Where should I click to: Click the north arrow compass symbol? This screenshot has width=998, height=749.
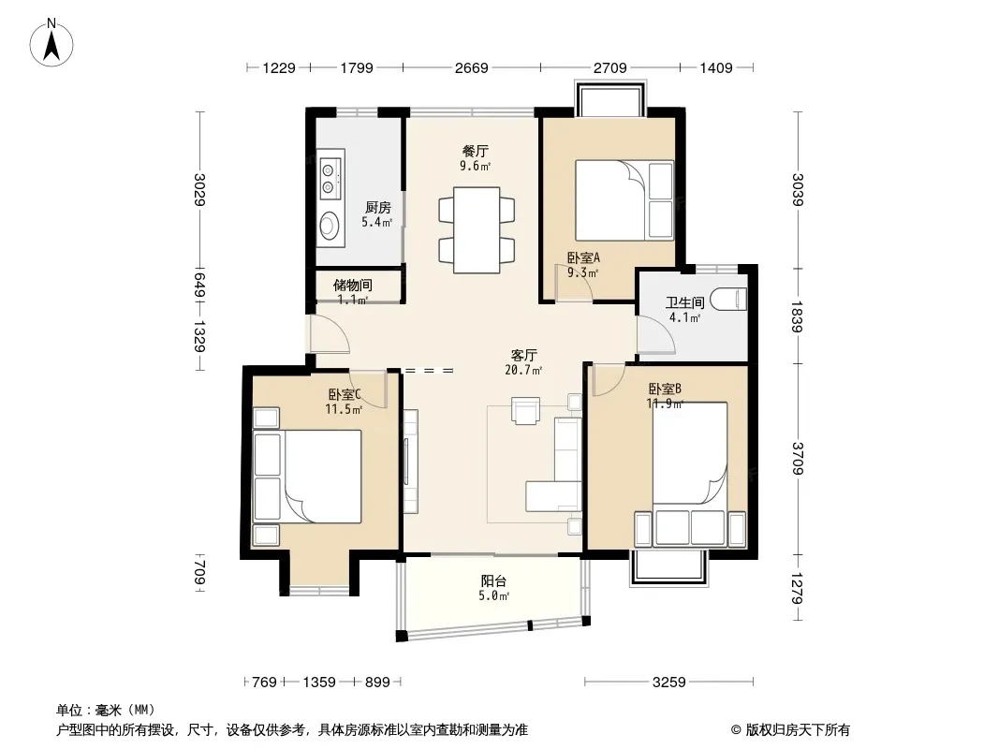[x=51, y=43]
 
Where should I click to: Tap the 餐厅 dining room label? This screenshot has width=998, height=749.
[x=476, y=152]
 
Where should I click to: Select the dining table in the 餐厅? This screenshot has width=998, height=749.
[x=477, y=229]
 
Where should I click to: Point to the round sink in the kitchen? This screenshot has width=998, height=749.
[x=329, y=225]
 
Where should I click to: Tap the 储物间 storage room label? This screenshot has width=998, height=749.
[x=353, y=286]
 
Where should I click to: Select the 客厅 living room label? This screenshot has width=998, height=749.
[x=524, y=355]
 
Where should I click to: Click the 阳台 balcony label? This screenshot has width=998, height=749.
[x=493, y=581]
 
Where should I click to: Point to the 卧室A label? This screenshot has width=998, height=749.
[x=583, y=257]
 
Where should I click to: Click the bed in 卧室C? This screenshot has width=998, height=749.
[x=307, y=477]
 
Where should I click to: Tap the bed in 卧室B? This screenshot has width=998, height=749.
[x=690, y=474]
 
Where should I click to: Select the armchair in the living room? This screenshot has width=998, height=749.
[x=526, y=410]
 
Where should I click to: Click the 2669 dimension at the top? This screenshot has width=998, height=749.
[x=472, y=67]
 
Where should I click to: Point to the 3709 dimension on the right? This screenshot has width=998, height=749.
[x=798, y=458]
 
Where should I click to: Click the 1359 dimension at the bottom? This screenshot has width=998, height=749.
[x=319, y=683]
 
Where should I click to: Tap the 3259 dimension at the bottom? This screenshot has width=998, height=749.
[x=669, y=683]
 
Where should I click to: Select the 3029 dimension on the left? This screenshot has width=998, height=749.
[x=199, y=190]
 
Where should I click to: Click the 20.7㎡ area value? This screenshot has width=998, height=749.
[x=524, y=370]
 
